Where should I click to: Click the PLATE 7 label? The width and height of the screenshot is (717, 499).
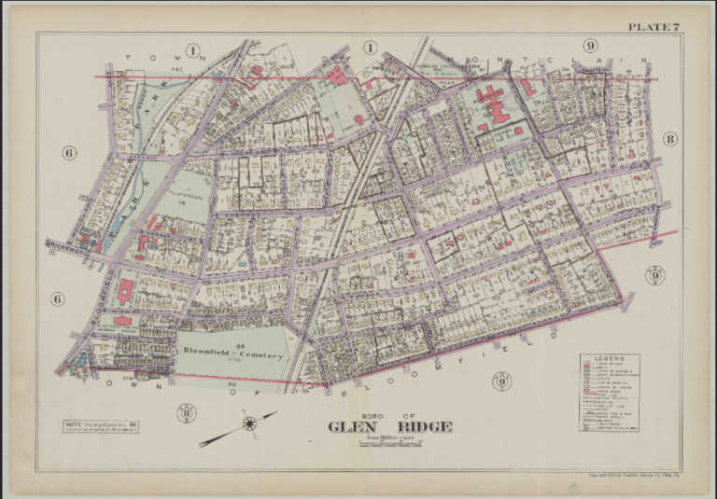pos(652,25)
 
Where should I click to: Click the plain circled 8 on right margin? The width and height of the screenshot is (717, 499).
pos(669,139)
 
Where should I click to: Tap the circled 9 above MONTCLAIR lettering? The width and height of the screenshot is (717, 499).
pos(590,46)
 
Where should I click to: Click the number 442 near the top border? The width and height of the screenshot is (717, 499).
pos(176,69)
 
